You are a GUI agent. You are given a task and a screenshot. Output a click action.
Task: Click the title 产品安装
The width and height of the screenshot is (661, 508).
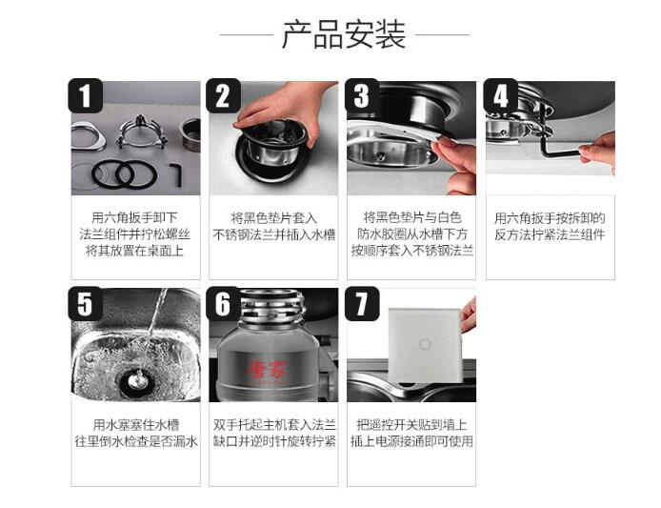344,34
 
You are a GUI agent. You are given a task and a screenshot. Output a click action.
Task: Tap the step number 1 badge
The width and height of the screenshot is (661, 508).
86,95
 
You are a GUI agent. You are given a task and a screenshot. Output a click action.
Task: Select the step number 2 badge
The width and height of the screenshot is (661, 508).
224,95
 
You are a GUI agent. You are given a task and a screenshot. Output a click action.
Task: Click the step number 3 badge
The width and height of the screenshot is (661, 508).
362,95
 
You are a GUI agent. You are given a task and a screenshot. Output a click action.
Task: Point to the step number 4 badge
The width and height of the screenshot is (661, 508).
500,95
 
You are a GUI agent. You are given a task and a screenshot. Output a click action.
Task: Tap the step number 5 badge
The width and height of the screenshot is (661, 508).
86,304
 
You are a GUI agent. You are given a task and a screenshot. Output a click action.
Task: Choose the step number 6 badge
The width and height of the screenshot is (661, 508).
224,304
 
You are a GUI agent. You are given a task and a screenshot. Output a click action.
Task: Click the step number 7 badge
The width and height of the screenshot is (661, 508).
362,304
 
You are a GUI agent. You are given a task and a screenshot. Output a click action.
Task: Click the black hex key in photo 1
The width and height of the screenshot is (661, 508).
176,174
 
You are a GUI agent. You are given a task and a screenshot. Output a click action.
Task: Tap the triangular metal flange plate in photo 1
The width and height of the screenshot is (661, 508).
89,136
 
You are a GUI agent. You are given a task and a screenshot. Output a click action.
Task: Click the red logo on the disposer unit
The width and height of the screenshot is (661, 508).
268,370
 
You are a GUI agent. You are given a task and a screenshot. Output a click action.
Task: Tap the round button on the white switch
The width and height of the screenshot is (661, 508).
425,344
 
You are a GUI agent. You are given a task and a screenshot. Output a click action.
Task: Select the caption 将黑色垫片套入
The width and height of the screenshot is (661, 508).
273,218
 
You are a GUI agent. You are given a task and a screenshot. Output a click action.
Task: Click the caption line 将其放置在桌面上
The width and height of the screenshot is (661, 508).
135,251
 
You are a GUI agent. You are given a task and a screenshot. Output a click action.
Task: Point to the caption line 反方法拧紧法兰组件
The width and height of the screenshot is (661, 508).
551,234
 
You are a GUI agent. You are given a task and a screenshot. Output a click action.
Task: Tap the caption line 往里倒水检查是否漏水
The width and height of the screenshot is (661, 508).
136,441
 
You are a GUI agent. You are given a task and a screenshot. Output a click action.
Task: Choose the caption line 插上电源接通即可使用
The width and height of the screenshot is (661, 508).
411,441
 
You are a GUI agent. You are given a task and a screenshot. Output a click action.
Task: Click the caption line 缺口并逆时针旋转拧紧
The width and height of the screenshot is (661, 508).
274,441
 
